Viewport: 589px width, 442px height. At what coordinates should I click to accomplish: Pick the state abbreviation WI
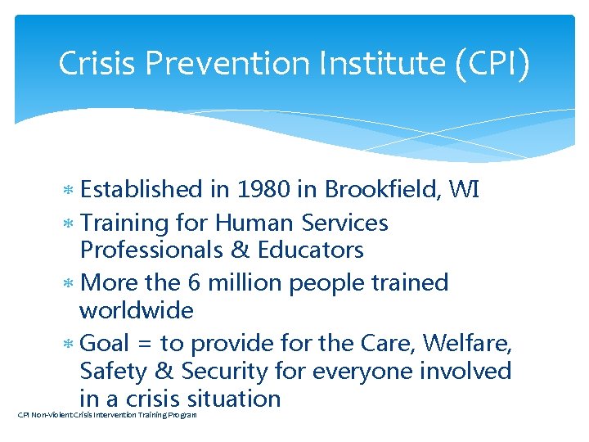point(463,190)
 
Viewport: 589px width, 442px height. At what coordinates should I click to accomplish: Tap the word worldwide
point(136,311)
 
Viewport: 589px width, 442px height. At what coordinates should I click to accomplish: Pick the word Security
point(220,372)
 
